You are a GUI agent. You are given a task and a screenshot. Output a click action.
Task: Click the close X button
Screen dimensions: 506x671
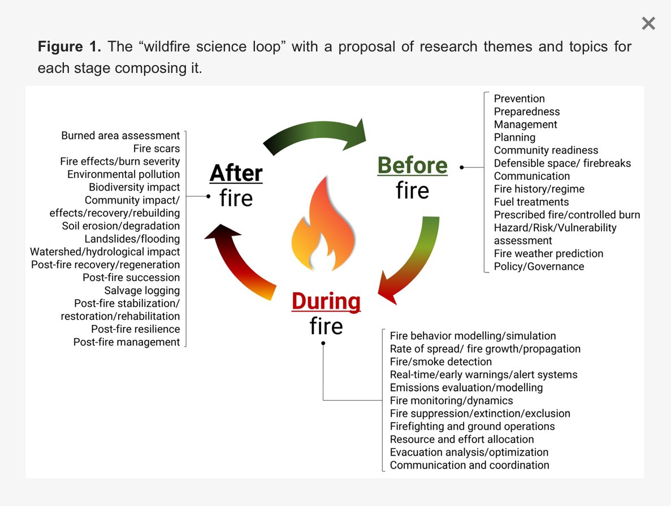point(648,23)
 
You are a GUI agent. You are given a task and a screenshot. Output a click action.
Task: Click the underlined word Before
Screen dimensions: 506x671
point(412,166)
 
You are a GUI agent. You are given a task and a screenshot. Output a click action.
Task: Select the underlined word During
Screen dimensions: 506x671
point(326,301)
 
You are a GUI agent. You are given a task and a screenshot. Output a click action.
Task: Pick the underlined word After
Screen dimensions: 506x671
point(236,173)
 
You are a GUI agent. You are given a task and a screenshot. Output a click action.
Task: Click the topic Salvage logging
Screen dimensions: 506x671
point(142,291)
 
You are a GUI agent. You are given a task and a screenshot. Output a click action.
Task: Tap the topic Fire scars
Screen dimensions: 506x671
point(157,149)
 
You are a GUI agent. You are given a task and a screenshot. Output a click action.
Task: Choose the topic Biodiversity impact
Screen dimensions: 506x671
point(135,187)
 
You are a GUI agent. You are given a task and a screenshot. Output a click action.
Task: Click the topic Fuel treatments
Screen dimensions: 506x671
point(531,202)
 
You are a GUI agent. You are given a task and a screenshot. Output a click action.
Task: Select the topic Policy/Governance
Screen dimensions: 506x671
point(539,266)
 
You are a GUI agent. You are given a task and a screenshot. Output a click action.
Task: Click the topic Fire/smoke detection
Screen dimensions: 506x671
point(441,362)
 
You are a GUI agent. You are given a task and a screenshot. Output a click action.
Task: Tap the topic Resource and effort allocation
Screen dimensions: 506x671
point(462,439)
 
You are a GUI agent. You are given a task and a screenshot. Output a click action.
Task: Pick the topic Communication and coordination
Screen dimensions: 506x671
point(469,465)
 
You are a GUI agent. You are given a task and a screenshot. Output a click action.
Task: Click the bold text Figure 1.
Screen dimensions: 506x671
point(70,46)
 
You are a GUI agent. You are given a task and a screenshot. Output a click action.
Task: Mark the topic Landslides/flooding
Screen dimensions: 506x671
point(132,239)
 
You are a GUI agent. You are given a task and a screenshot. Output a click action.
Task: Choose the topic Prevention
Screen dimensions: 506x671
point(519,98)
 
